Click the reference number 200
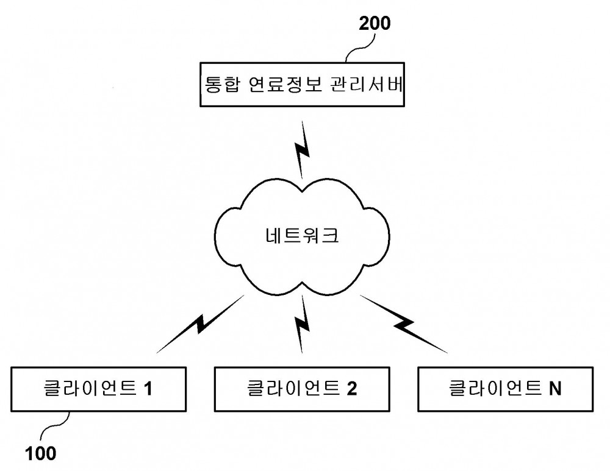point(375,23)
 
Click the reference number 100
point(40,453)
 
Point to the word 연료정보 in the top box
point(285,84)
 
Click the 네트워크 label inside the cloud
point(303,235)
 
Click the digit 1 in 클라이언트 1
point(148,389)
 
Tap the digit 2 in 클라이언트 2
point(352,389)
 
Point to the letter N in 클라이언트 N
point(555,389)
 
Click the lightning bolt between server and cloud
point(303,150)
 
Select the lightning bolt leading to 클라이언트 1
point(200,324)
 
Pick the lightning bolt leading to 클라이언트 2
point(303,324)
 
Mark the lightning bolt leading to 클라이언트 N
point(404,324)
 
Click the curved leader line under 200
point(361,48)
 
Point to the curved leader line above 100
point(55,426)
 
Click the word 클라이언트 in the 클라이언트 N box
point(495,388)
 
